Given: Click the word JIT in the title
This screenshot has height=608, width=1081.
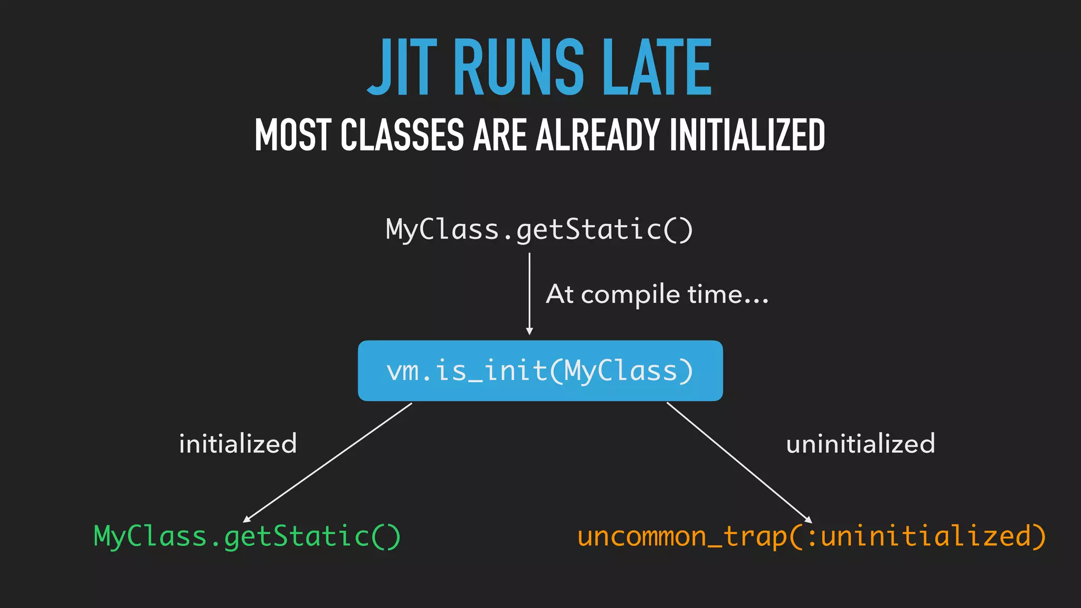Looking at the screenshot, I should pyautogui.click(x=402, y=68).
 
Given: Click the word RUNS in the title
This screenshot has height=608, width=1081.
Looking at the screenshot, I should pyautogui.click(x=518, y=68).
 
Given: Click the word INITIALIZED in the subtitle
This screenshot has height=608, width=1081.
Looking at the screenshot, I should pyautogui.click(x=747, y=135).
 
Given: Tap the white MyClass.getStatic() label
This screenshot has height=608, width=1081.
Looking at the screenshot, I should pyautogui.click(x=539, y=230).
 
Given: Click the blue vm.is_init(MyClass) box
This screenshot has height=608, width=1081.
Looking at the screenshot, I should pyautogui.click(x=540, y=370).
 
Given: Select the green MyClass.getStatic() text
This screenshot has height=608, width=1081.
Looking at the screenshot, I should pyautogui.click(x=247, y=537).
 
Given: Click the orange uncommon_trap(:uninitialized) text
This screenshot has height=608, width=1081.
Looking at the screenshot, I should pyautogui.click(x=811, y=537).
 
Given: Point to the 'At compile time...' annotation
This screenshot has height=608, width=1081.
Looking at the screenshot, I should pyautogui.click(x=657, y=294).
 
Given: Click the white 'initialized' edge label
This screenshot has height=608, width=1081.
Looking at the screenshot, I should pyautogui.click(x=238, y=444).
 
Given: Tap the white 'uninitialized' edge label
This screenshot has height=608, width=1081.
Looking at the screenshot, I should pyautogui.click(x=860, y=444).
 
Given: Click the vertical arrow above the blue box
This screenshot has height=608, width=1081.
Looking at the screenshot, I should pyautogui.click(x=529, y=290).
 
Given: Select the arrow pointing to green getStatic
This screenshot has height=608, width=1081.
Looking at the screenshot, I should pyautogui.click(x=327, y=462).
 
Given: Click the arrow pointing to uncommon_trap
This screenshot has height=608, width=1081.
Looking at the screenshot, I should pyautogui.click(x=739, y=462).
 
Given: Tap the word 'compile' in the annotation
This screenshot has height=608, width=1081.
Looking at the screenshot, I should pyautogui.click(x=631, y=294).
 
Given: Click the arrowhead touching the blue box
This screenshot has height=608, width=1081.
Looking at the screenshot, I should pyautogui.click(x=529, y=331).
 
